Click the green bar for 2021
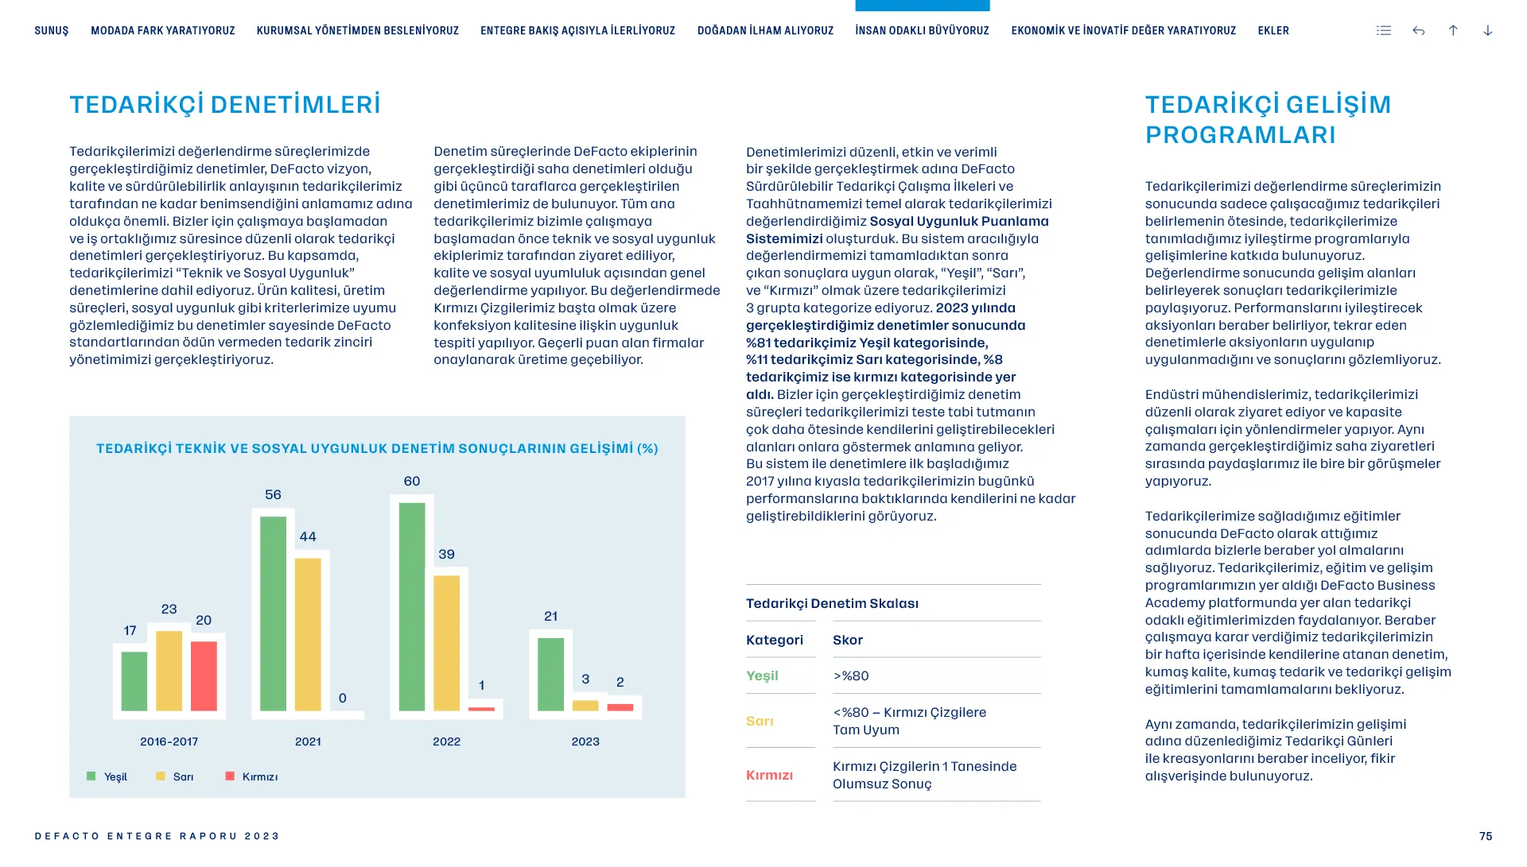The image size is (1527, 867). pos(273,613)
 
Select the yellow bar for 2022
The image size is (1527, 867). pos(447,643)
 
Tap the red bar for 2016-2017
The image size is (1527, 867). pos(204,676)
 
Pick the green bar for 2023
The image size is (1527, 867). pos(550,675)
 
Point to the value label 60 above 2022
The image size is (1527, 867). pos(412,482)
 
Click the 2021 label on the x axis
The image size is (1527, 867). pos(308,741)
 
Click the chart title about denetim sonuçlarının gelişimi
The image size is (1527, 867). pos(377,449)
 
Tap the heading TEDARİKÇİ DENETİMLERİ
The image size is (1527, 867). pos(225,105)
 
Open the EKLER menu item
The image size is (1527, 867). pos(1273,31)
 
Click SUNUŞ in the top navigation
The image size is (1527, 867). pos(52,31)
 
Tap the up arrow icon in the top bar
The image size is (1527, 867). pos(1453,31)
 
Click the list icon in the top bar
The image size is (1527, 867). pos(1384,31)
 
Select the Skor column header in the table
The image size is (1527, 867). pos(848,641)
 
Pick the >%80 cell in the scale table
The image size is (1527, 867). pos(851,676)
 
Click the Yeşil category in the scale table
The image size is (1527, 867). pos(762,676)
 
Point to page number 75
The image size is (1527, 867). pos(1486,836)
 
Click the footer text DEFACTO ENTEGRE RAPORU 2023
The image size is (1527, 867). pos(157,836)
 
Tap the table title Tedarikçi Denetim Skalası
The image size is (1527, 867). pos(832,604)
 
